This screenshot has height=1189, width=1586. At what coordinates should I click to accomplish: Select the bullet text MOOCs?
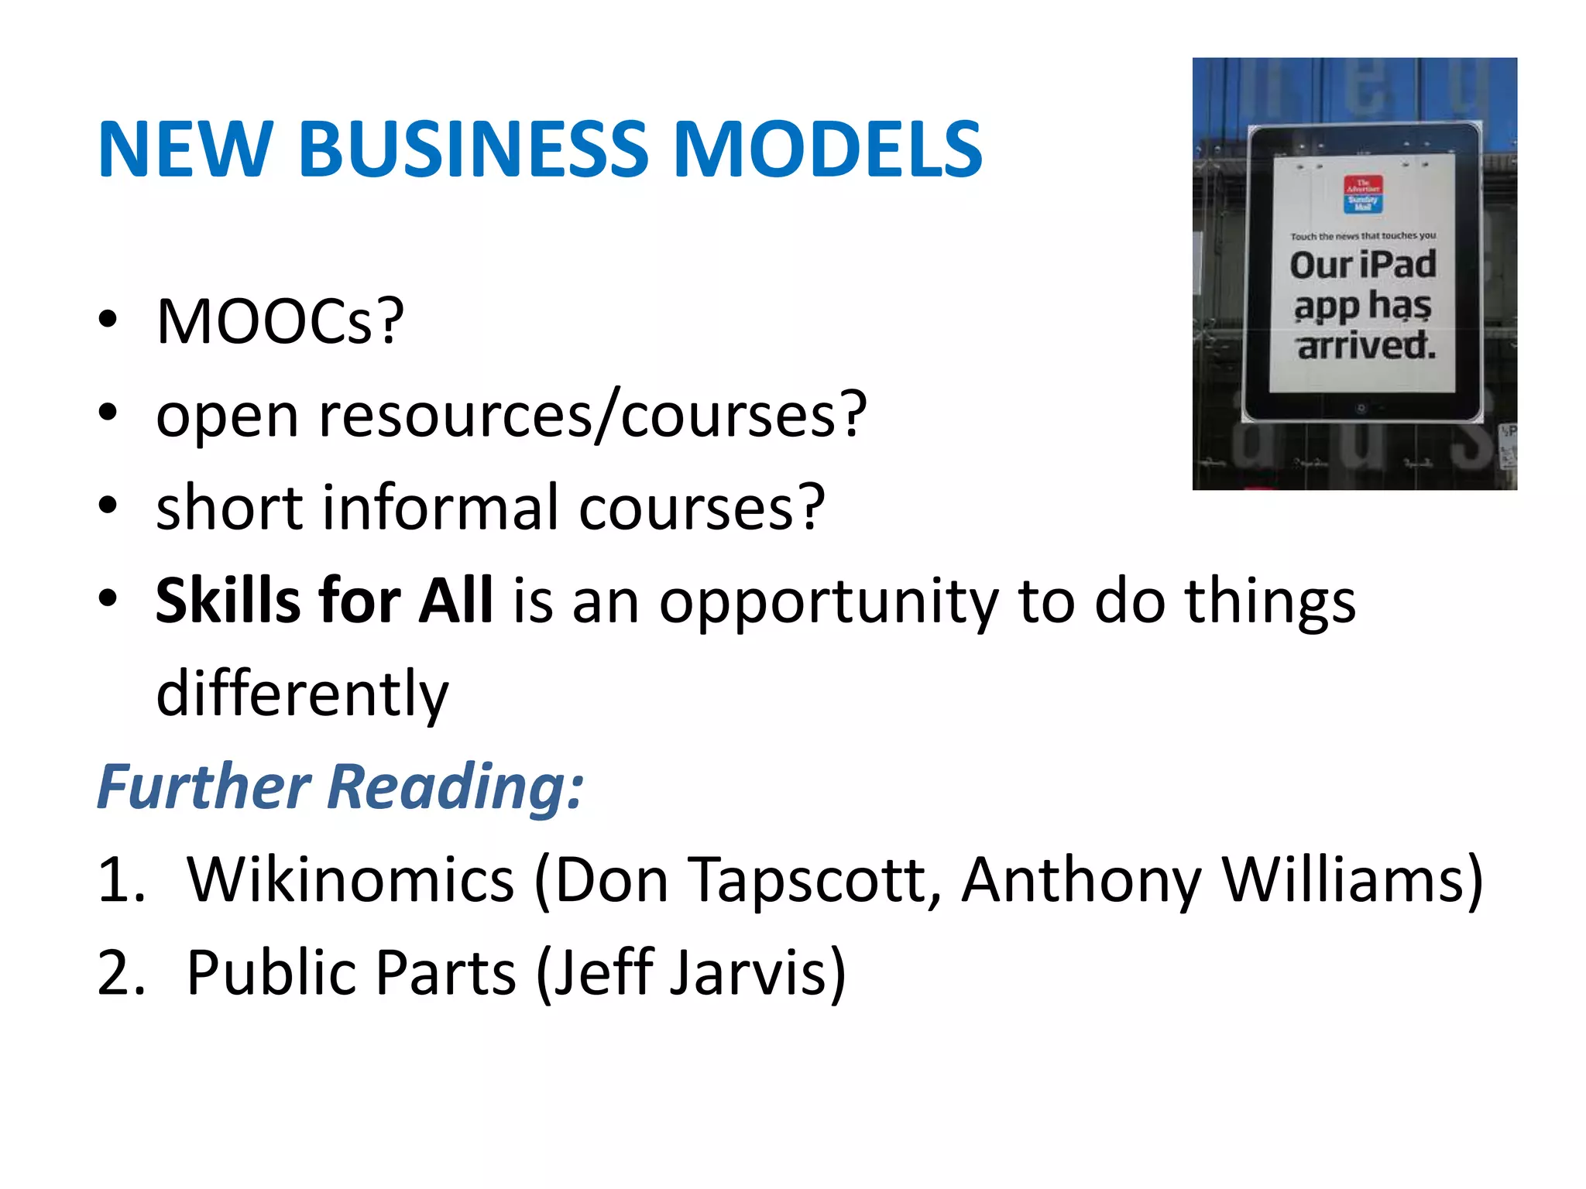click(280, 321)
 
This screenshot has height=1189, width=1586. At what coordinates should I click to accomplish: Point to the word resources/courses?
click(592, 415)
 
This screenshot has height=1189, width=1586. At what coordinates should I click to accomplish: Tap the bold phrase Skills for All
click(324, 601)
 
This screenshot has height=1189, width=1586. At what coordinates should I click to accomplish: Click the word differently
click(302, 694)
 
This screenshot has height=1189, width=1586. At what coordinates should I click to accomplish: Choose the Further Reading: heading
click(340, 786)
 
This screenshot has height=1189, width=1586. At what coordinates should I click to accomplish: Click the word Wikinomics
click(350, 880)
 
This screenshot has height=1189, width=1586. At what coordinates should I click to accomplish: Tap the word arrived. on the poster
click(1367, 345)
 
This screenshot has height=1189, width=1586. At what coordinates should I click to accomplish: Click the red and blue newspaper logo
click(1362, 194)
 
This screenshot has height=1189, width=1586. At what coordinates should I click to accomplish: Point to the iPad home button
click(1361, 408)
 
